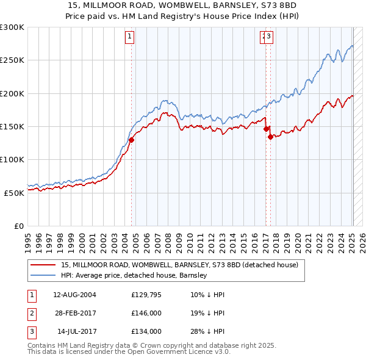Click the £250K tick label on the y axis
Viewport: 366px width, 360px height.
pyautogui.click(x=12, y=60)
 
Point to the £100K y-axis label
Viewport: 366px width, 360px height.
pyautogui.click(x=12, y=159)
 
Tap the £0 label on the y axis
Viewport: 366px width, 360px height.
pyautogui.click(x=18, y=226)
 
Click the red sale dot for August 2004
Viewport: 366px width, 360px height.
pyautogui.click(x=131, y=140)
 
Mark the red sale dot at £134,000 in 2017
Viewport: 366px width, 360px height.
pyautogui.click(x=270, y=137)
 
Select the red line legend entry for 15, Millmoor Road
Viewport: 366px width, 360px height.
pyautogui.click(x=179, y=265)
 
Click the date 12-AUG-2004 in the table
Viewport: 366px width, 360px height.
pyautogui.click(x=75, y=295)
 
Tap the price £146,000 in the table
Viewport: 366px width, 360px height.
pyautogui.click(x=146, y=313)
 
